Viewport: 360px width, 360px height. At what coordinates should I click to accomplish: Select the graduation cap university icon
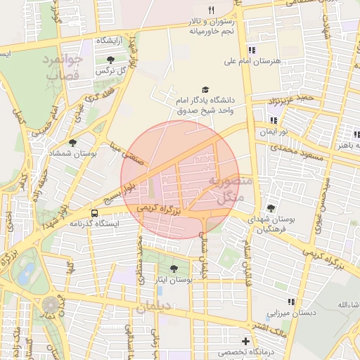pyautogui.click(x=205, y=89)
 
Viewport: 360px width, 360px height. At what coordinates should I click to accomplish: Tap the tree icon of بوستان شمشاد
pyautogui.click(x=72, y=142)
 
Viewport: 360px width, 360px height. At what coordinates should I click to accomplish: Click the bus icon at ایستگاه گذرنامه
pyautogui.click(x=94, y=213)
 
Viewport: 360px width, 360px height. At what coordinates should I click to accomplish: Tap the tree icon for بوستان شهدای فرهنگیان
pyautogui.click(x=271, y=208)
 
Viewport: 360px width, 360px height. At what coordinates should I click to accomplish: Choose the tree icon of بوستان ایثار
pyautogui.click(x=174, y=269)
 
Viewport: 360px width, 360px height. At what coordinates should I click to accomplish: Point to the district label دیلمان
pyautogui.click(x=154, y=307)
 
